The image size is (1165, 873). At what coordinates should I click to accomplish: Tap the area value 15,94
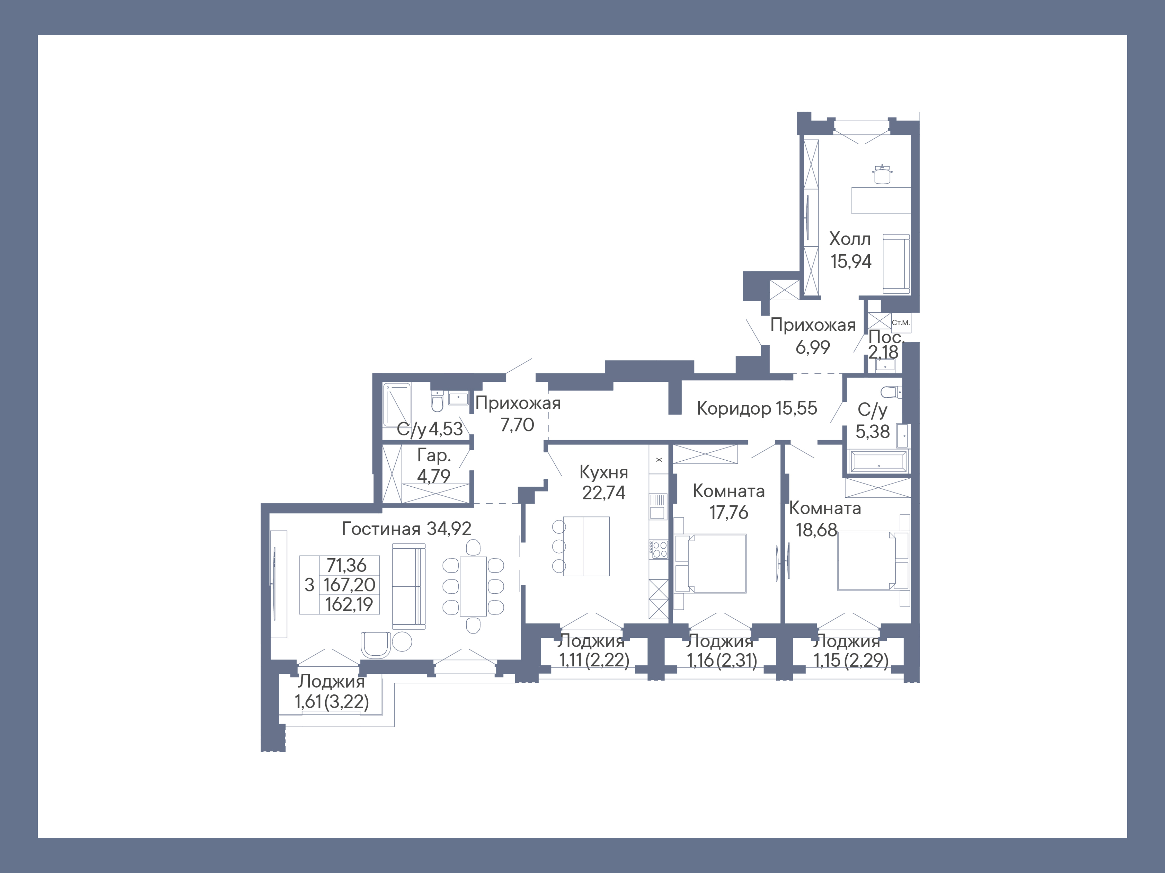click(x=851, y=261)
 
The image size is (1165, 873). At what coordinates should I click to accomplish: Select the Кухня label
click(x=604, y=472)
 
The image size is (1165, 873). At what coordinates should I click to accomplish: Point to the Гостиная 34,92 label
click(x=407, y=528)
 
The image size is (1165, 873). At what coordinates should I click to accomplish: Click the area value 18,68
click(x=816, y=530)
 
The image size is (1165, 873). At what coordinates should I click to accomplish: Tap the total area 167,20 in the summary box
click(x=349, y=585)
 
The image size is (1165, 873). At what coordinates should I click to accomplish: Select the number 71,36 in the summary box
click(x=347, y=565)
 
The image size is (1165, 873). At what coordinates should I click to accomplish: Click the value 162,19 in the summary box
click(x=349, y=604)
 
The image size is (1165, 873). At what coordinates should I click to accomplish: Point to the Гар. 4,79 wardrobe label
click(x=434, y=466)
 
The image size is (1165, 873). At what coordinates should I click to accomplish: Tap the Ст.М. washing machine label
click(x=901, y=323)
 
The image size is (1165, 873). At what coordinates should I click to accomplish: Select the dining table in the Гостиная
click(x=473, y=586)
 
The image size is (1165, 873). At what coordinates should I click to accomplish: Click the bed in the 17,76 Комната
click(x=711, y=563)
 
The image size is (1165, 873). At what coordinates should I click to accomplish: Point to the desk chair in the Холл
click(x=882, y=174)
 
